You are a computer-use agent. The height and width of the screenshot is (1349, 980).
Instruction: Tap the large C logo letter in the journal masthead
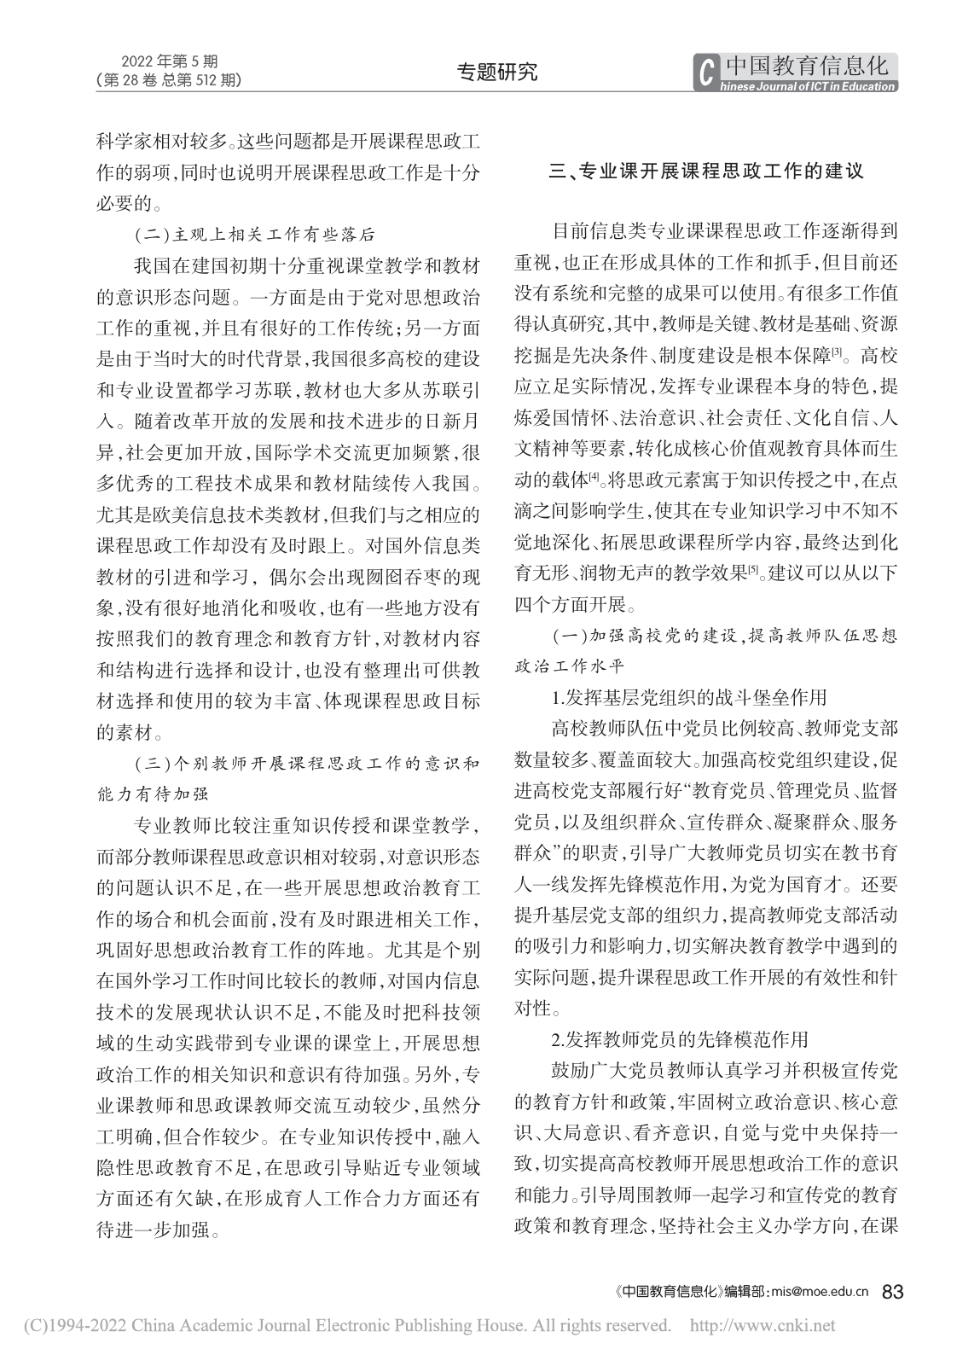click(705, 72)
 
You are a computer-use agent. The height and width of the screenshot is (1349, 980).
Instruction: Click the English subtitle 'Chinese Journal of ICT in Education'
click(809, 86)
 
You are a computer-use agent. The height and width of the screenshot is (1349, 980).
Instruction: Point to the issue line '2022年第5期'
click(170, 61)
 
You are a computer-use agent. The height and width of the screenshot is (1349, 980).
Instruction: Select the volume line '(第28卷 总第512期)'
click(170, 80)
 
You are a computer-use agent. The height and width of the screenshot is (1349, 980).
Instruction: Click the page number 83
click(892, 1291)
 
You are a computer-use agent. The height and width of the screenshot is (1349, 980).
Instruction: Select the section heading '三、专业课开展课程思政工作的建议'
click(705, 171)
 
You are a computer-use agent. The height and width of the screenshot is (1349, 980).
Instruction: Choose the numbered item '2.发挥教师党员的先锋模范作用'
click(679, 1039)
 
